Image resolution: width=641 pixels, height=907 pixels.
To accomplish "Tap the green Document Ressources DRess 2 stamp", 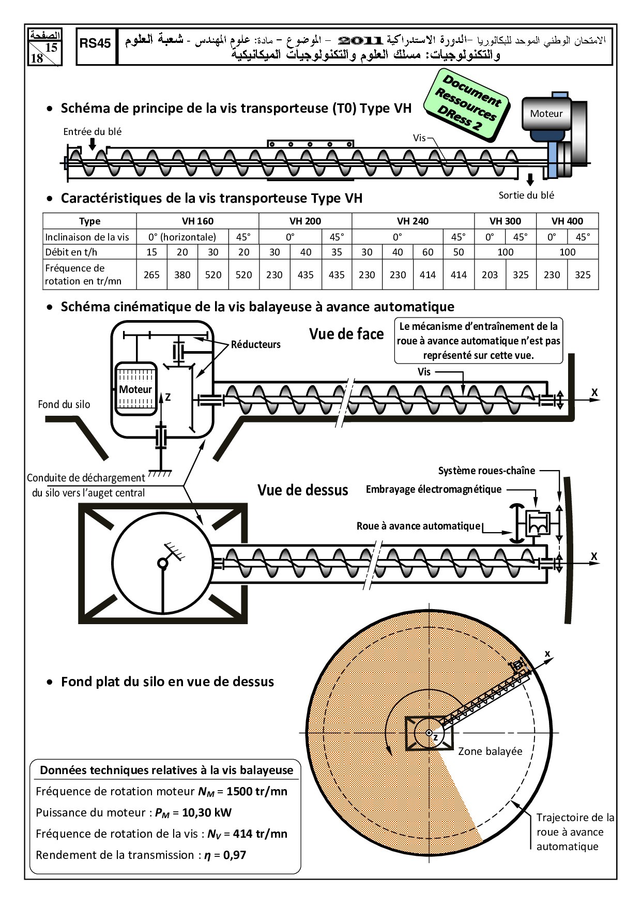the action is (x=467, y=105).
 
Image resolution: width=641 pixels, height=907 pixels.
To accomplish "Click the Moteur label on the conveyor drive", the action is (x=546, y=114).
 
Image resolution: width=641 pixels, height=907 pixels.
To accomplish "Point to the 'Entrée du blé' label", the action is (x=93, y=132).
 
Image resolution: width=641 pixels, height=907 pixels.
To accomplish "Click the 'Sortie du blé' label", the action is (x=526, y=195).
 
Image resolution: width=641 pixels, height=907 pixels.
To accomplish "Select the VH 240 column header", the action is (x=413, y=221).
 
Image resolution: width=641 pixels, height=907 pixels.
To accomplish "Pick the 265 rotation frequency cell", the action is (x=151, y=275).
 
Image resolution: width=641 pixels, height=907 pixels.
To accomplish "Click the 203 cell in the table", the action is (x=490, y=275).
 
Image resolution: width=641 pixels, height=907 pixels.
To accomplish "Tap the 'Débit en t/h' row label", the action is (x=71, y=252).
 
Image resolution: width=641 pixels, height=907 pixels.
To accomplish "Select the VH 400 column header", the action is (x=567, y=221).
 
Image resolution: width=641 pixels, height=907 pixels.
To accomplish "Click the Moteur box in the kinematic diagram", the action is (x=135, y=389).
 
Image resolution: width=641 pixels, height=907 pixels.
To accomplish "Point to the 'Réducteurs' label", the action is (x=256, y=344).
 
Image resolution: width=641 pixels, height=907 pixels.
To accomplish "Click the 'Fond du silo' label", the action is (x=64, y=404).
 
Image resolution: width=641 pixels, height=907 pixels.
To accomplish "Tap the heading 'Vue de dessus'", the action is (x=303, y=490).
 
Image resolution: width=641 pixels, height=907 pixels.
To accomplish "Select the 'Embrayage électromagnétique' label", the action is (x=434, y=489).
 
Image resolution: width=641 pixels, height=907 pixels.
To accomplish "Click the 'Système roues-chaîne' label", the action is (x=486, y=471).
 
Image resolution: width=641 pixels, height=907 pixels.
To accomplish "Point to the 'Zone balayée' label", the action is (x=490, y=751).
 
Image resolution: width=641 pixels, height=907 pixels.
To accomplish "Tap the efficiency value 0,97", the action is (x=235, y=855).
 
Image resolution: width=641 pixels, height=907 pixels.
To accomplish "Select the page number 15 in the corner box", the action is (x=51, y=48).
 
